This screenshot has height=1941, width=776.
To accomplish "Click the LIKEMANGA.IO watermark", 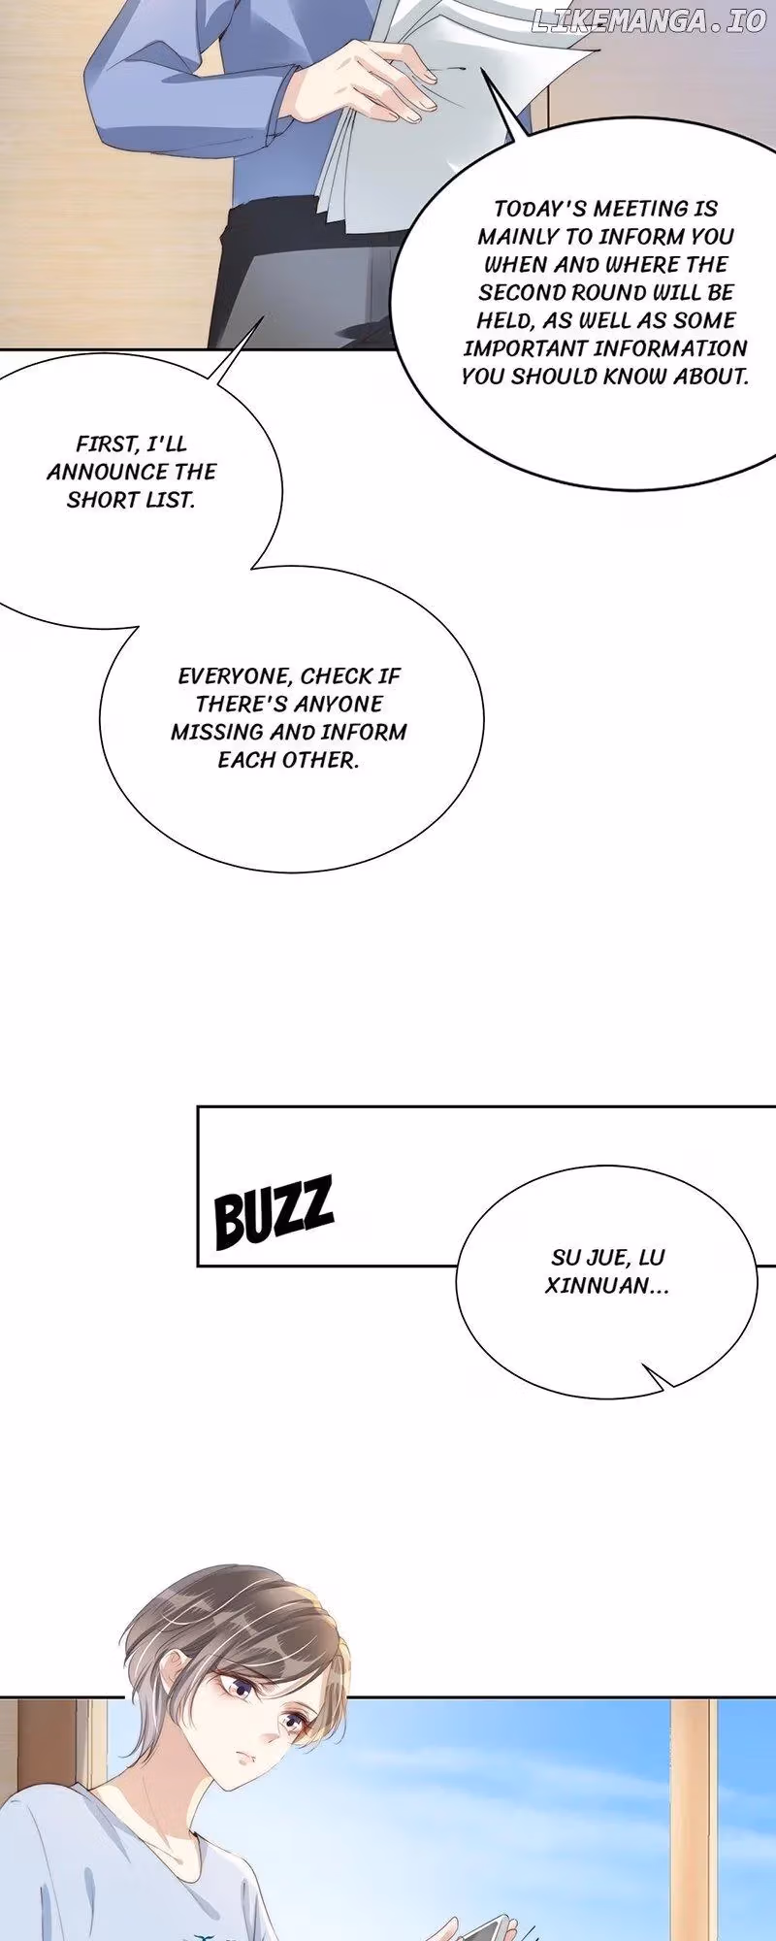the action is [649, 20].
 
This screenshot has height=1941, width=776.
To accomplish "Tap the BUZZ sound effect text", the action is [274, 1211].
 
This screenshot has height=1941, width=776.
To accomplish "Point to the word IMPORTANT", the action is [525, 348].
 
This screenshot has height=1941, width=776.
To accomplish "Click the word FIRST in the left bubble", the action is [108, 444].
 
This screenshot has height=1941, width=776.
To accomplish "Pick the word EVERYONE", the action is [235, 675].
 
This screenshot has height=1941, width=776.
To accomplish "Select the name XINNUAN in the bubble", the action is [606, 1287].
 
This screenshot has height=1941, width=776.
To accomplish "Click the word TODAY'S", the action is [540, 209].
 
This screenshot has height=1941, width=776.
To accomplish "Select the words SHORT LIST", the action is [131, 500].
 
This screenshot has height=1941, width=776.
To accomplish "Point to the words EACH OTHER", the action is [288, 760].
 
